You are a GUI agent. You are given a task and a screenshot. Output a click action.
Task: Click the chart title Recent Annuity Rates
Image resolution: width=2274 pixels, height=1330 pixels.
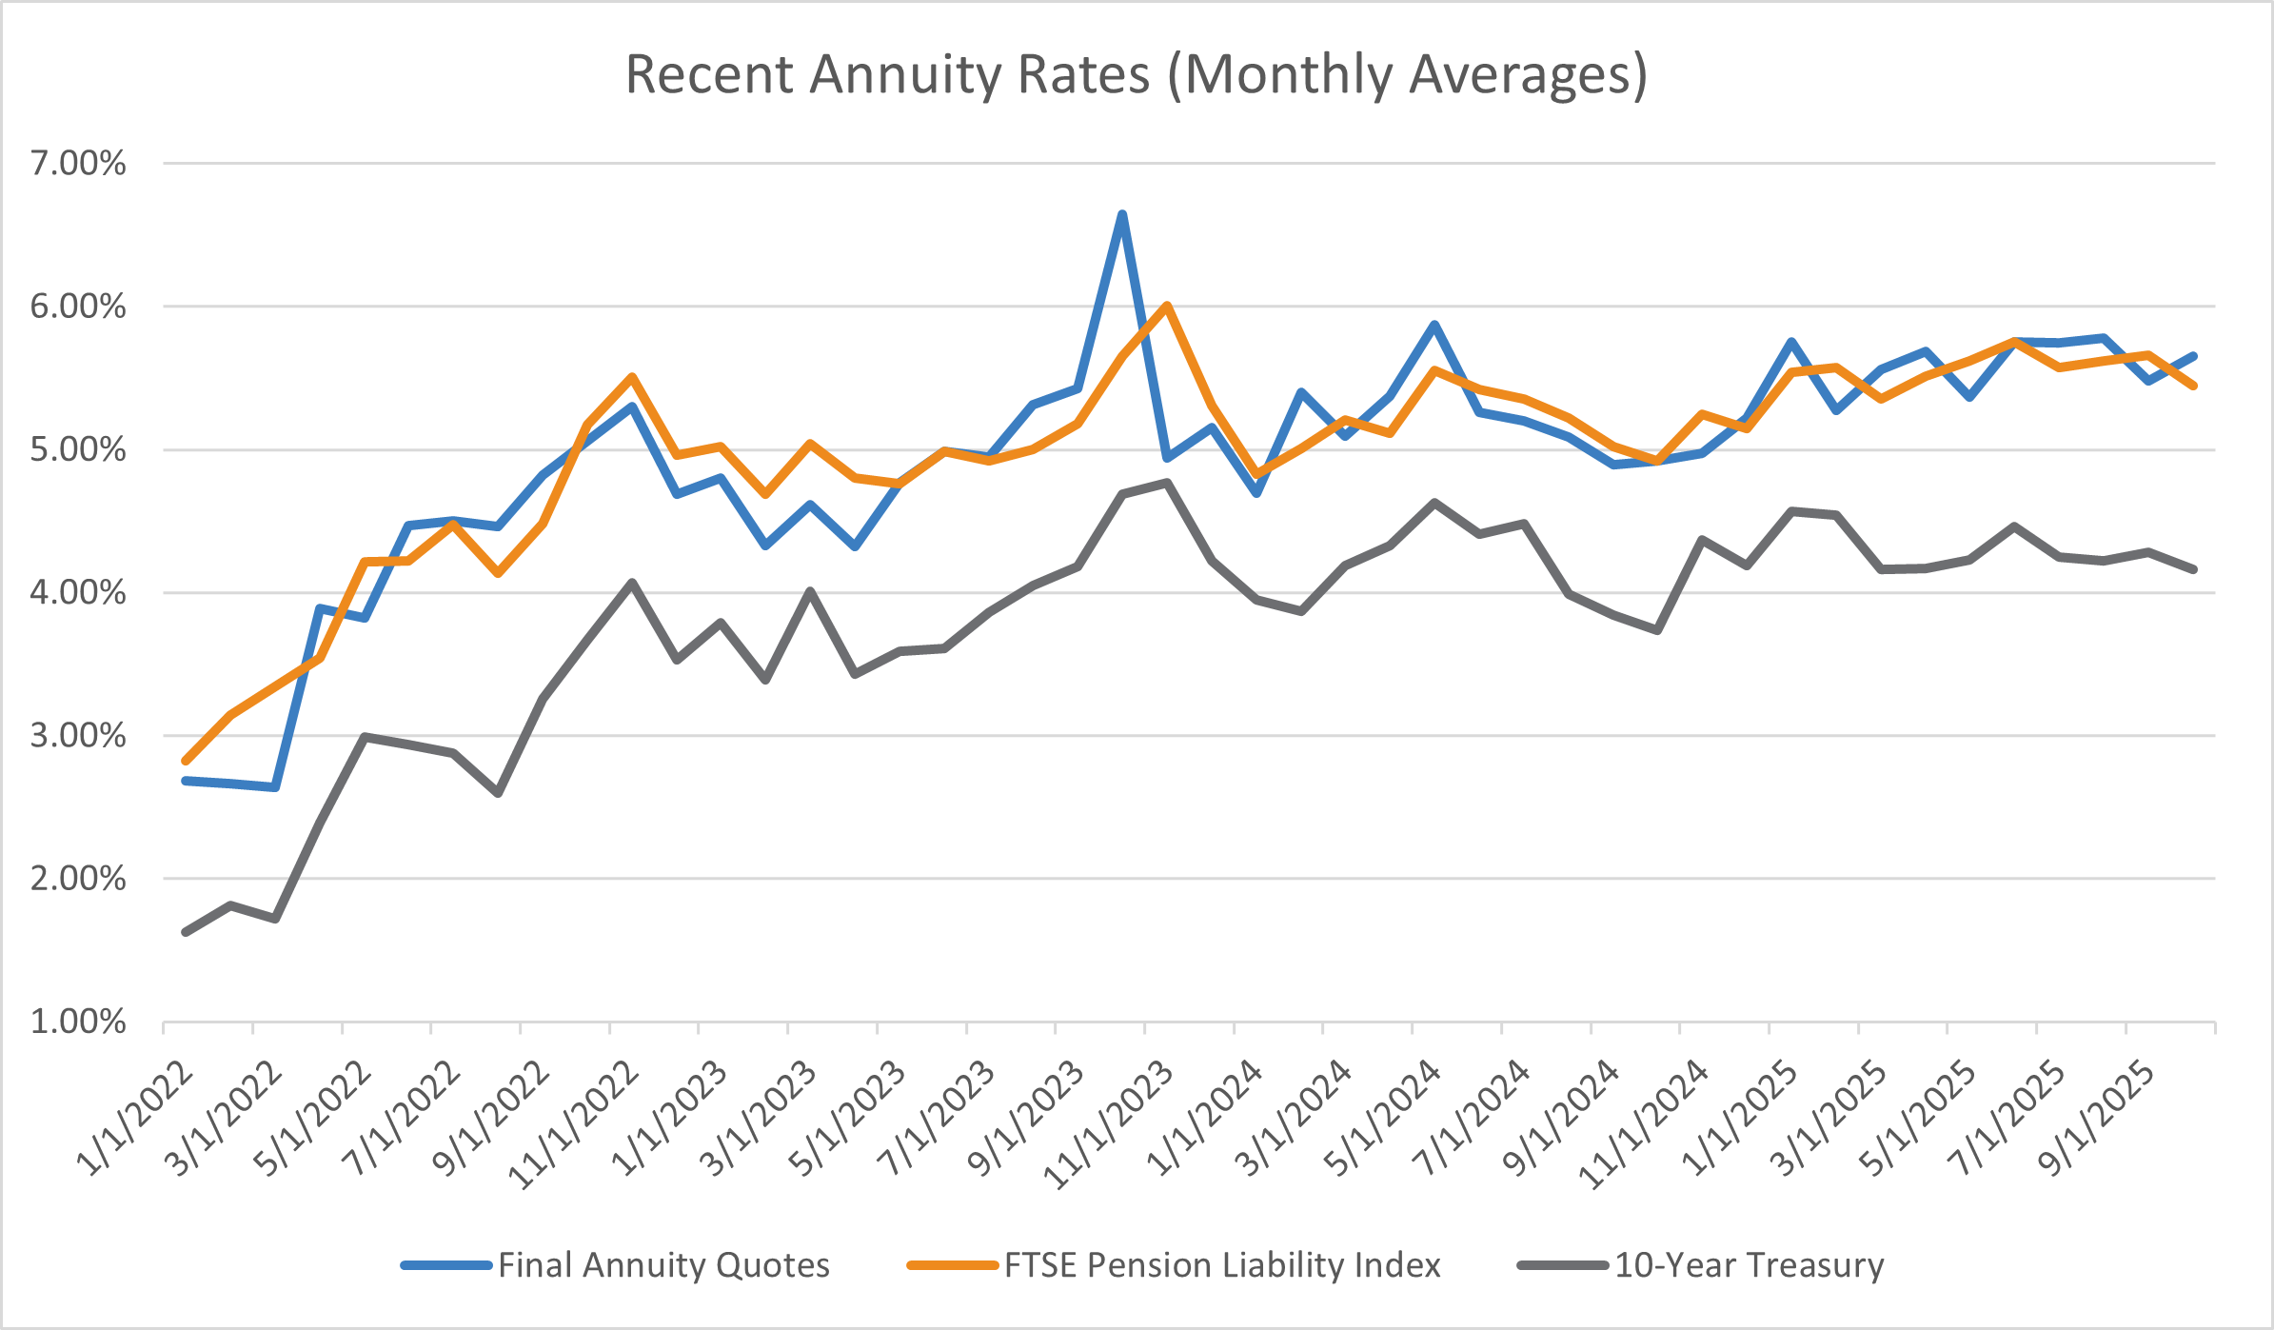(1136, 74)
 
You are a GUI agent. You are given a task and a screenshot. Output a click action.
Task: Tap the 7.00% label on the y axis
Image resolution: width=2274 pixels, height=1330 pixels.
(78, 164)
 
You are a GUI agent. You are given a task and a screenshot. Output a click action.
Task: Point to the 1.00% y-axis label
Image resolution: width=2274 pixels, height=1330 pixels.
(78, 1022)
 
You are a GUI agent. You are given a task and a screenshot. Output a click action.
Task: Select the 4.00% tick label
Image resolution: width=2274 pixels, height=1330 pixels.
(78, 593)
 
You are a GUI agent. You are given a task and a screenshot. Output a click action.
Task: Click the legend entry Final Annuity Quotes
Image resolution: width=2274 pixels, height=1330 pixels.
(663, 1265)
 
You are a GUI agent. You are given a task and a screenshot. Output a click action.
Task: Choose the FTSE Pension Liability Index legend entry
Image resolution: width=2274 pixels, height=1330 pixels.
(1222, 1265)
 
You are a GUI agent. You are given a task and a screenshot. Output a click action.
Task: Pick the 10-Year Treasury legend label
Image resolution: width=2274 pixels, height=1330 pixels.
(1750, 1265)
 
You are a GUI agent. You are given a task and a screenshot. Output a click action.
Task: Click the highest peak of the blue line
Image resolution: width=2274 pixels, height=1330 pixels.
(1122, 214)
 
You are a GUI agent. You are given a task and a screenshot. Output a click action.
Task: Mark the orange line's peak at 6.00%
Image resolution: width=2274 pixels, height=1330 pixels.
(1167, 306)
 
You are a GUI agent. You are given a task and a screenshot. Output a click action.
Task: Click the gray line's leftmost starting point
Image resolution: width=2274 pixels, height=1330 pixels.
(186, 932)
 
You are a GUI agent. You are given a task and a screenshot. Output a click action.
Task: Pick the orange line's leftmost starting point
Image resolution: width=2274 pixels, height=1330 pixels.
(186, 761)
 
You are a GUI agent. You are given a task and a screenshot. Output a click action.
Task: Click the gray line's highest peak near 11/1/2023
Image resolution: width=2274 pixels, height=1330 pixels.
(1167, 483)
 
